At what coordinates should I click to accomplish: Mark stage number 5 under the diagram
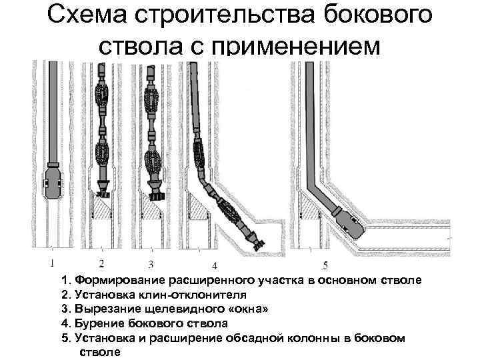tap(325, 264)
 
